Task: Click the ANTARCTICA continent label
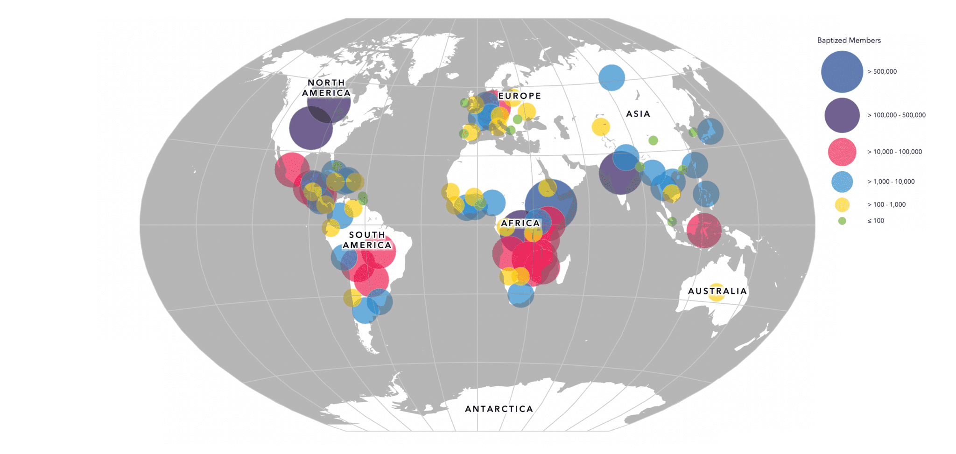tap(499, 409)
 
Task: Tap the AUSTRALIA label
tap(717, 291)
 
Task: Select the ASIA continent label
tap(638, 114)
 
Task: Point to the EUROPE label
tap(520, 96)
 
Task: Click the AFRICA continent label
tap(520, 224)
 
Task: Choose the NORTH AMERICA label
tap(326, 88)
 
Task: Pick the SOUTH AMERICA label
tap(367, 240)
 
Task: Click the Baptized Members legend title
tap(849, 41)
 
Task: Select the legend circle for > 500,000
tap(842, 72)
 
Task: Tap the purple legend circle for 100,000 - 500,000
tap(842, 115)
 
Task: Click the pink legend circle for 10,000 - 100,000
tap(842, 152)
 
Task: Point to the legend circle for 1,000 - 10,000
tap(842, 182)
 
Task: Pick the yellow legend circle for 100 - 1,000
tap(842, 205)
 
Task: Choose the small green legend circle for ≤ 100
tap(842, 221)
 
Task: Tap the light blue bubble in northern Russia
tap(612, 77)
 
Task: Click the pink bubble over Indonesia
tap(704, 230)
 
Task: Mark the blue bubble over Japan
tap(710, 131)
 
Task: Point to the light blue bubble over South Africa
tap(520, 294)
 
